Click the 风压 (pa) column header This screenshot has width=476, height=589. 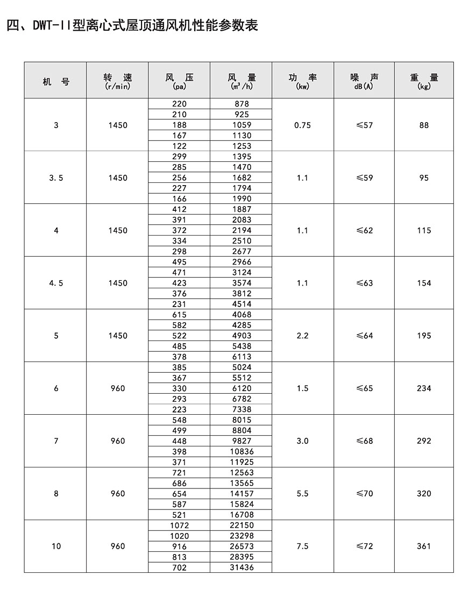pyautogui.click(x=179, y=80)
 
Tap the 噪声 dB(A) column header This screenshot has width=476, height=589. pyautogui.click(x=364, y=80)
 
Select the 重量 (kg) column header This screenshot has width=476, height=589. pyautogui.click(x=424, y=80)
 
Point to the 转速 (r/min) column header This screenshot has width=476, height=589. pyautogui.click(x=117, y=80)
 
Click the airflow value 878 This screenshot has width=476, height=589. pyautogui.click(x=241, y=104)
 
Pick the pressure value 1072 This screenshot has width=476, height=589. pyautogui.click(x=179, y=525)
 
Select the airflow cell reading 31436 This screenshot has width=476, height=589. pyautogui.click(x=241, y=567)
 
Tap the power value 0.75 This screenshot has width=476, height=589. pyautogui.click(x=303, y=125)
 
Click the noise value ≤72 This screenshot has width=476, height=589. pyautogui.click(x=364, y=546)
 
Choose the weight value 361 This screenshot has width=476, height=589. pyautogui.click(x=424, y=546)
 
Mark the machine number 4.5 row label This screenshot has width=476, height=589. pyautogui.click(x=56, y=283)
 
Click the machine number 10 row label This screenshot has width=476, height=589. pyautogui.click(x=56, y=546)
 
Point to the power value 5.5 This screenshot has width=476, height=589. pyautogui.click(x=303, y=493)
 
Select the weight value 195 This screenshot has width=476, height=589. pyautogui.click(x=424, y=336)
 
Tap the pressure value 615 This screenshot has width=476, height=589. pyautogui.click(x=179, y=315)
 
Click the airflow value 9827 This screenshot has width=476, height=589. pyautogui.click(x=241, y=441)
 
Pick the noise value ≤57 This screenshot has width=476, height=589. pyautogui.click(x=364, y=125)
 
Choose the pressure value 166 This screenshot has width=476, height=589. pyautogui.click(x=179, y=198)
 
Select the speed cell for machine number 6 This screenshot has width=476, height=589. pyautogui.click(x=117, y=388)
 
